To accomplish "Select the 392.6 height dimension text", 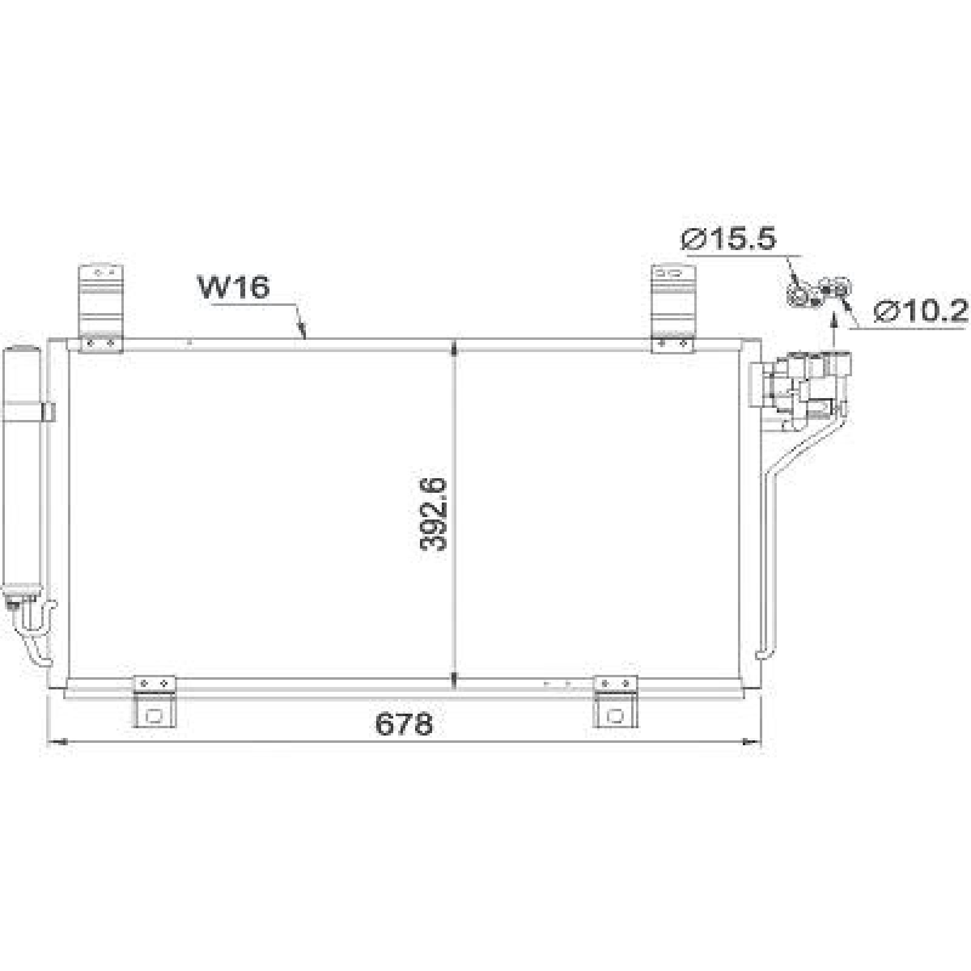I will [433, 514].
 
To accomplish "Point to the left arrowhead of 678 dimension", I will [55, 742].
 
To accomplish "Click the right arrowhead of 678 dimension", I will [753, 742].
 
